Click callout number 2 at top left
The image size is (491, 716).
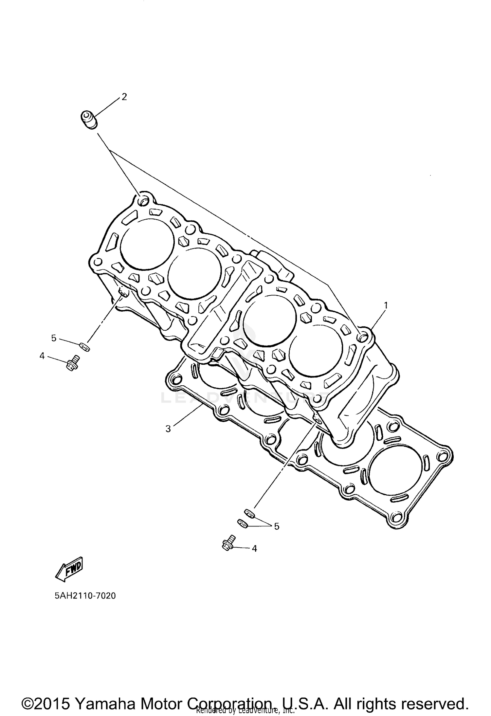(x=124, y=97)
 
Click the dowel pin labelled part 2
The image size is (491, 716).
(x=89, y=119)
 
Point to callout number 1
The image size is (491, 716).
(x=386, y=305)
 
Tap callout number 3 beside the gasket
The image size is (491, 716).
(x=168, y=429)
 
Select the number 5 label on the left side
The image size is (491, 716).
(x=54, y=338)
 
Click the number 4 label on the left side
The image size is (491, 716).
(x=42, y=356)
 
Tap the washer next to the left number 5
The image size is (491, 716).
(x=84, y=346)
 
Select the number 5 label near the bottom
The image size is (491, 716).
(x=277, y=526)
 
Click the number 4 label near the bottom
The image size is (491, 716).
(x=254, y=548)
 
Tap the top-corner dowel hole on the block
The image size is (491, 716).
(x=143, y=201)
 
